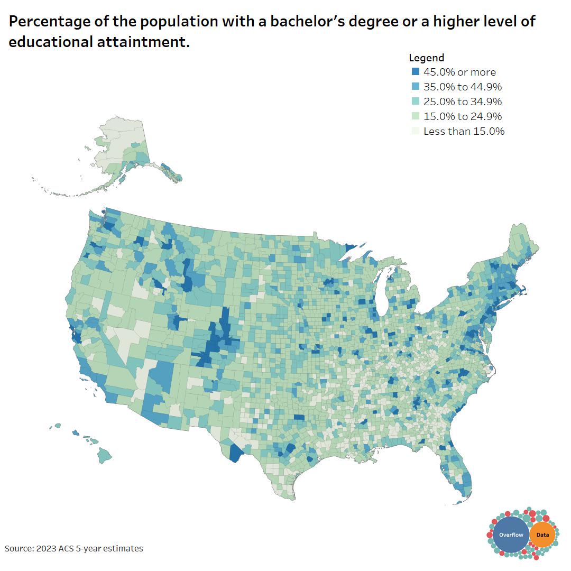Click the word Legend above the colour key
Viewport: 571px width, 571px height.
[426, 58]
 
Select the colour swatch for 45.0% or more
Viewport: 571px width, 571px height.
[415, 72]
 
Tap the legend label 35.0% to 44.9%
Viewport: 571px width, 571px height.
[463, 87]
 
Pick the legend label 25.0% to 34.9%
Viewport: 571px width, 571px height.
[463, 102]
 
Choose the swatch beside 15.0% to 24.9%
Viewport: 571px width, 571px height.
[415, 116]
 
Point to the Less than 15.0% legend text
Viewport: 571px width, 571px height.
[464, 131]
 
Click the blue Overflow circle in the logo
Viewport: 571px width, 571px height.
[511, 535]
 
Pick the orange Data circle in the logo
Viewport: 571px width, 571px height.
[542, 535]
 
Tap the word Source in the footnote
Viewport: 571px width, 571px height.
[18, 549]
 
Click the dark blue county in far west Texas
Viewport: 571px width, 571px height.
[235, 453]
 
